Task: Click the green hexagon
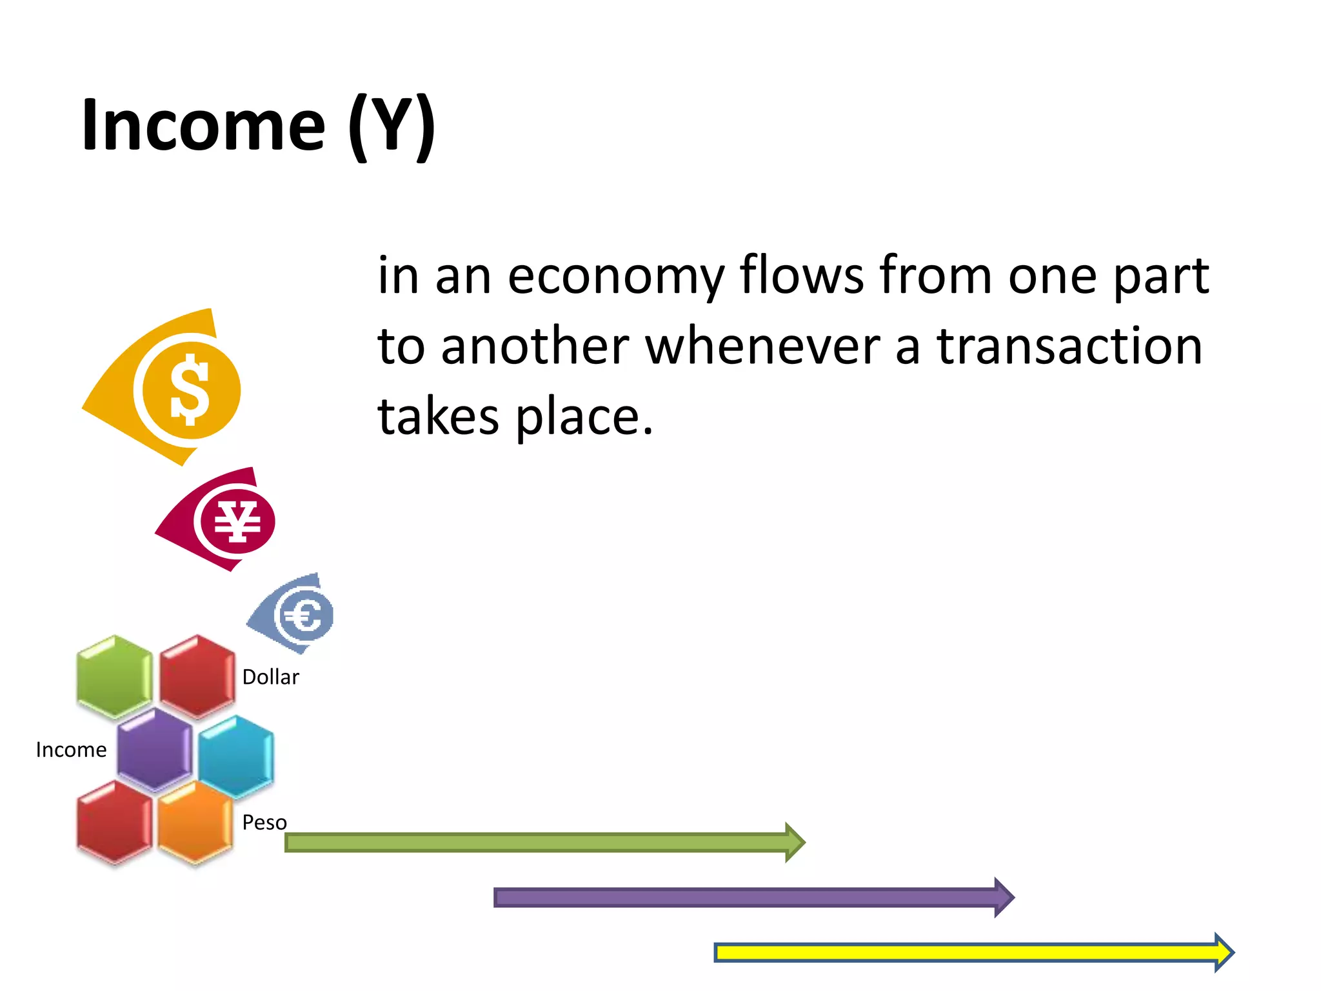(115, 677)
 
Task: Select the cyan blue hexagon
(236, 756)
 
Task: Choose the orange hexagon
(195, 823)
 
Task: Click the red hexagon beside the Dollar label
(197, 677)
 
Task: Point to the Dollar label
(270, 677)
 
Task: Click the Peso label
(264, 823)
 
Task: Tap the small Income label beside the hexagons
(71, 750)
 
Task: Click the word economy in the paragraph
(616, 276)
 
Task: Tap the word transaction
(1069, 346)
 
